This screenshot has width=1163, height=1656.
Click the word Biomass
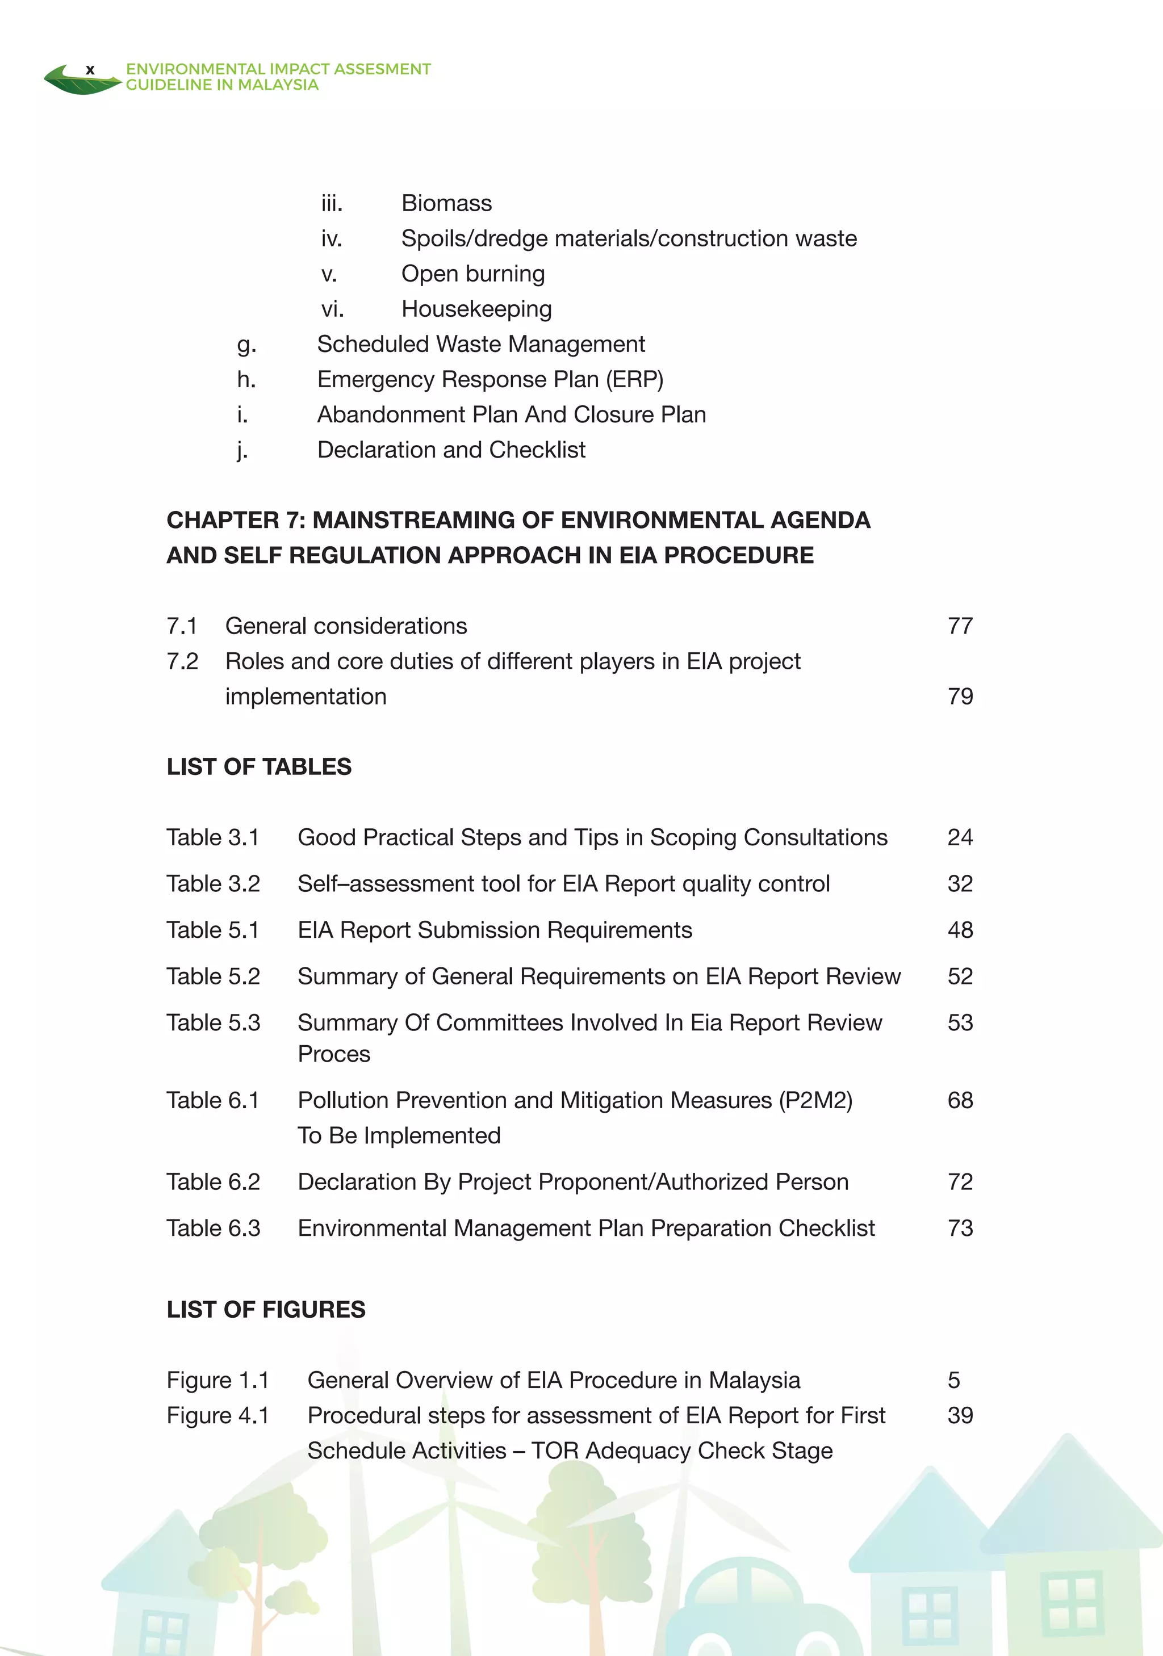click(x=446, y=203)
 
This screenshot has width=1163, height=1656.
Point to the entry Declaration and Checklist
click(x=451, y=450)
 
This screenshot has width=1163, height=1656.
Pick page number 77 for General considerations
click(x=960, y=626)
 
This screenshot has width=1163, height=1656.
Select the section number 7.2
click(x=182, y=661)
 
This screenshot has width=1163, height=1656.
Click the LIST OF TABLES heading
click(x=258, y=767)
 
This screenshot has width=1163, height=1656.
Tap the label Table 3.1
click(x=212, y=837)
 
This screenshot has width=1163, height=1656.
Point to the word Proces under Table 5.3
click(x=333, y=1054)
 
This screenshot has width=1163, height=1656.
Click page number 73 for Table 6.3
click(x=960, y=1229)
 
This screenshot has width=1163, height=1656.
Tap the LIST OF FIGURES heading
click(x=266, y=1310)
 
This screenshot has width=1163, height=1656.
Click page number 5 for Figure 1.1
click(x=953, y=1381)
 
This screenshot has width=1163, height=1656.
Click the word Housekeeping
click(x=476, y=309)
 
